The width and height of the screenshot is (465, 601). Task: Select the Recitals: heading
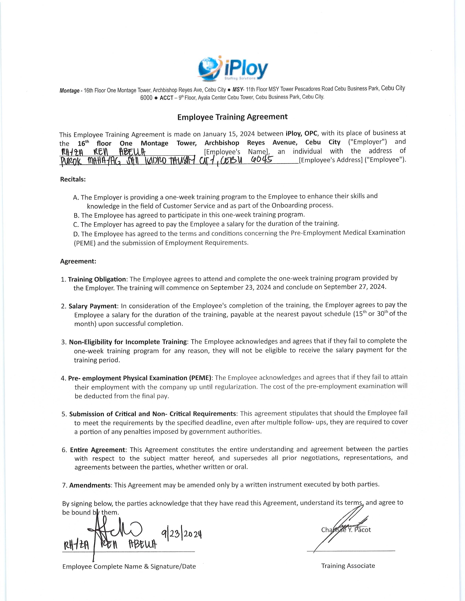tap(73, 179)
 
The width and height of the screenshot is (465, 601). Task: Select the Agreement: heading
tap(78, 261)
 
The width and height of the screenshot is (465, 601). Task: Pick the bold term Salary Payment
tap(93, 306)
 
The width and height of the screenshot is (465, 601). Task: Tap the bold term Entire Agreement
tap(98, 450)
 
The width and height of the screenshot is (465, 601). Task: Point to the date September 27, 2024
tap(354, 287)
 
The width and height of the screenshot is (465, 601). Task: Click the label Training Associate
tap(348, 566)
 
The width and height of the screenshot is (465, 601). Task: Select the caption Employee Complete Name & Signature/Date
tap(129, 566)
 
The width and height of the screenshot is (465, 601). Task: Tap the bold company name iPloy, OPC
tap(302, 134)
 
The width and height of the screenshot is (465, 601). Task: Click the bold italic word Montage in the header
tap(69, 91)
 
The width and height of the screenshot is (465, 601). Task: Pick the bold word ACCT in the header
tap(166, 98)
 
